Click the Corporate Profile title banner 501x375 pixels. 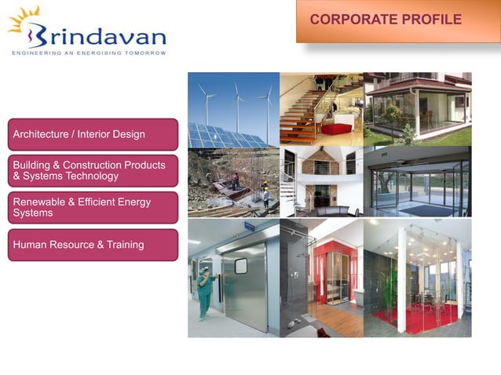[397, 21]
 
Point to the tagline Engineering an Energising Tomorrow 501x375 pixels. [88, 53]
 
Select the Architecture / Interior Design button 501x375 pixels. [93, 134]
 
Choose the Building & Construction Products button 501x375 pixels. [93, 170]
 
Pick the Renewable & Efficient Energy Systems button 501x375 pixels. [93, 207]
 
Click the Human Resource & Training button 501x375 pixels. [93, 245]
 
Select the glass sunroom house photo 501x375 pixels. [418, 108]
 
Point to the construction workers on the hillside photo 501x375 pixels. [233, 182]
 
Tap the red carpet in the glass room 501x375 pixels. [415, 319]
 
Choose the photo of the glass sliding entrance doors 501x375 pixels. [418, 181]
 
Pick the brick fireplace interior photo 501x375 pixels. [321, 181]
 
